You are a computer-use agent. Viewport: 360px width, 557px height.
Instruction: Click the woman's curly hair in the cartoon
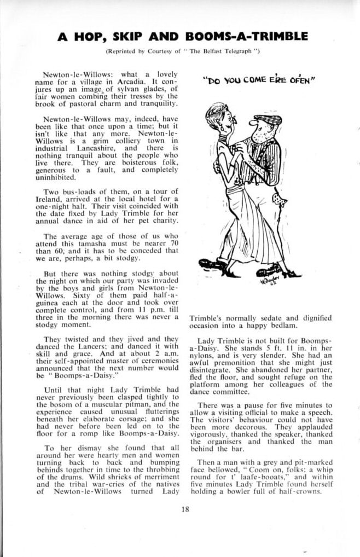click(x=215, y=112)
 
